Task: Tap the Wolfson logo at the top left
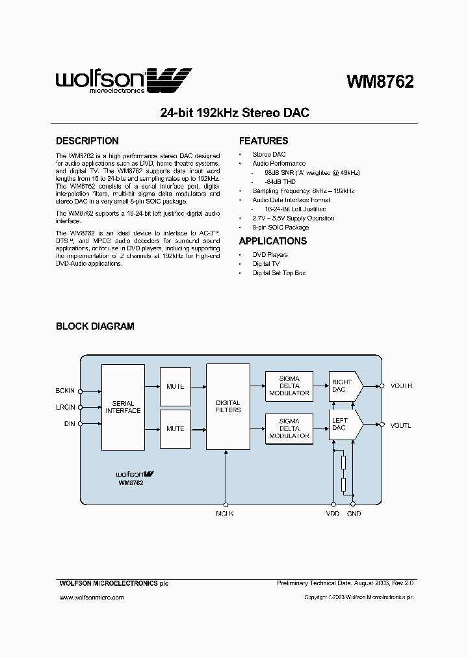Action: [123, 79]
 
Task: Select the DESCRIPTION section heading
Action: [87, 141]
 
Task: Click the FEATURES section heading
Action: [263, 141]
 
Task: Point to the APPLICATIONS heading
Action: [273, 241]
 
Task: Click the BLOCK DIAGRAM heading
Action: [95, 326]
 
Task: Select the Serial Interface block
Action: [123, 407]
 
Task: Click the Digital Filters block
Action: [227, 406]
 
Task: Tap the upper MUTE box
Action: [175, 386]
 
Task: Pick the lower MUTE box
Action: [175, 428]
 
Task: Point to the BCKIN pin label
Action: [66, 391]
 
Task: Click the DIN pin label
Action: [68, 423]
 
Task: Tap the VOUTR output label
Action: [401, 386]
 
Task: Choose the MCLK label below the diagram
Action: [225, 514]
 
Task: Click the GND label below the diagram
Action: [354, 514]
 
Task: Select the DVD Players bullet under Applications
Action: [270, 255]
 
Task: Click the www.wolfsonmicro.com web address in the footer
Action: [87, 597]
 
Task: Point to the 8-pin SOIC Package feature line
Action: [280, 228]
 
